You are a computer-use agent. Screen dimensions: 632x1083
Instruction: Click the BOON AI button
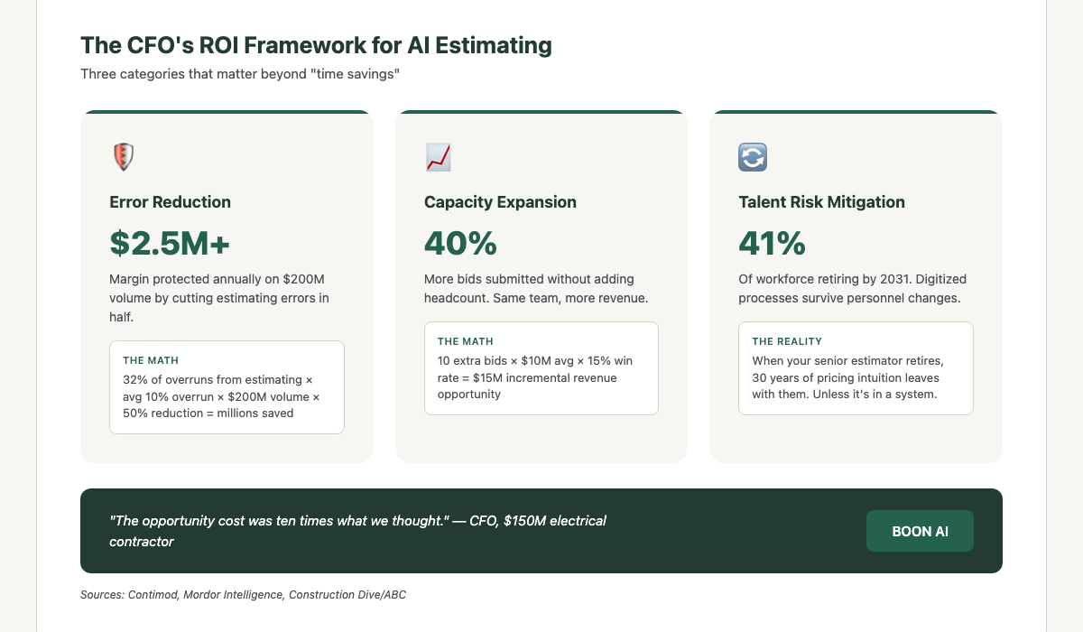[920, 531]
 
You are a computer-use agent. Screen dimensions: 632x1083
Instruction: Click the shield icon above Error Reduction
[123, 157]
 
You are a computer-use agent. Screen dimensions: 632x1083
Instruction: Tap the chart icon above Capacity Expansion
[438, 157]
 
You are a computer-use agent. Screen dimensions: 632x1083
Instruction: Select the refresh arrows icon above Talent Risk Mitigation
[752, 157]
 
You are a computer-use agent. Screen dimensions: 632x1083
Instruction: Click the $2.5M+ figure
[170, 243]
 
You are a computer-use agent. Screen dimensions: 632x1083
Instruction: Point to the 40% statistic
[460, 243]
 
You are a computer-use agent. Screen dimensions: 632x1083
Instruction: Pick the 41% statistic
[772, 243]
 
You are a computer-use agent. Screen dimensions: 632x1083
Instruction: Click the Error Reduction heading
[170, 202]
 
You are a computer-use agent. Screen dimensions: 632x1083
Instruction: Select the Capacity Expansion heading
[500, 202]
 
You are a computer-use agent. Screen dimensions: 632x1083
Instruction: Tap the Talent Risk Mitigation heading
[821, 202]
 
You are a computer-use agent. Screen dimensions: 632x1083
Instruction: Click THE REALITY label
[787, 341]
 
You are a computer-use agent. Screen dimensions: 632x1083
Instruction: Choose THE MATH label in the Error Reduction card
[151, 360]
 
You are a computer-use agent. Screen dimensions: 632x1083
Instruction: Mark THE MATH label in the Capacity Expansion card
[466, 341]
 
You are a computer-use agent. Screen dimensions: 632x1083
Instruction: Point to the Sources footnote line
[249, 595]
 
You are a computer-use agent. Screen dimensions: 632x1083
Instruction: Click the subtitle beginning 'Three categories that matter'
[240, 74]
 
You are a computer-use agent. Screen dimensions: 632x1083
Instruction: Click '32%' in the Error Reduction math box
[135, 379]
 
